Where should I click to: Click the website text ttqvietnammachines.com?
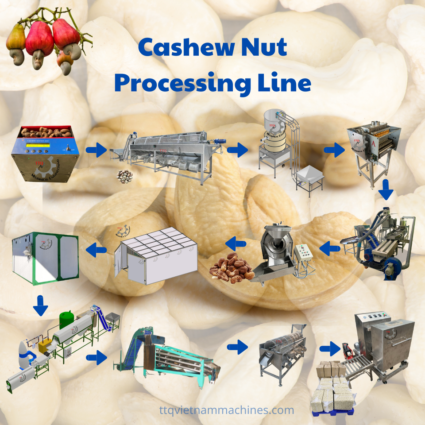(226, 410)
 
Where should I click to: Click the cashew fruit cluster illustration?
(47, 42)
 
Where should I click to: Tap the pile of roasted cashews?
(231, 267)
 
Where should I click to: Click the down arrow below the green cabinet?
(40, 306)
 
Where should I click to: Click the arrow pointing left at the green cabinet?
(96, 251)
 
